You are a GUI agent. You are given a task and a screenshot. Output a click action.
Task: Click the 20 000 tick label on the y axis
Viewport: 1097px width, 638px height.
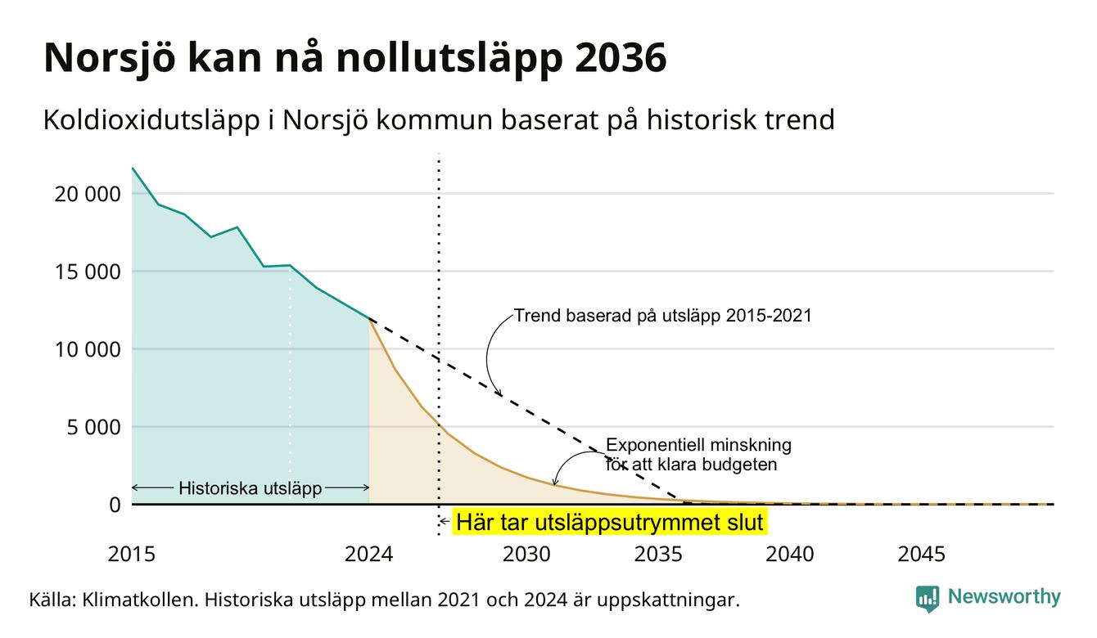[87, 194]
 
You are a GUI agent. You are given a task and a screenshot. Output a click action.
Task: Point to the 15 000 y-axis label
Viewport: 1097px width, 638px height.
[87, 272]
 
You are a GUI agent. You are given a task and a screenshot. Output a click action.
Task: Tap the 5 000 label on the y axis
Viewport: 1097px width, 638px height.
[93, 428]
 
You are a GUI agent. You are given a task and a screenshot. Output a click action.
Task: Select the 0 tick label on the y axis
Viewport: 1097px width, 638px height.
[115, 505]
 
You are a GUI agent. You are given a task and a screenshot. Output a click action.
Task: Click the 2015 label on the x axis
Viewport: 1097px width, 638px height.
[131, 555]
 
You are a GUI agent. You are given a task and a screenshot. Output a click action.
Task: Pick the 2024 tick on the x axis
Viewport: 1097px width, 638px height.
[368, 555]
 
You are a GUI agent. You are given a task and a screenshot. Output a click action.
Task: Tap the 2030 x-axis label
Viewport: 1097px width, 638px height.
[526, 555]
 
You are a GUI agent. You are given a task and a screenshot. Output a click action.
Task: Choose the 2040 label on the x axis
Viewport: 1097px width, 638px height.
[789, 555]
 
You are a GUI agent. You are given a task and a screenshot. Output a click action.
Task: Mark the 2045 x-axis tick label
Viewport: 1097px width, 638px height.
[921, 555]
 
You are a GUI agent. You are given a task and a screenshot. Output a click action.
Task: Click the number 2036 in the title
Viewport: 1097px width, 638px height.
[620, 58]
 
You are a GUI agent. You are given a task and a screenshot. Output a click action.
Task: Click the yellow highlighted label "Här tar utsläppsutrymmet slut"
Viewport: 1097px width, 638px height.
[610, 522]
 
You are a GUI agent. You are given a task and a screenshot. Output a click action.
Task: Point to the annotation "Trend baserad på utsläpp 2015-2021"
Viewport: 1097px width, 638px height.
[662, 316]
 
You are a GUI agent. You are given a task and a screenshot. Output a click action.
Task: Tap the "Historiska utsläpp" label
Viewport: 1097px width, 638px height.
[250, 488]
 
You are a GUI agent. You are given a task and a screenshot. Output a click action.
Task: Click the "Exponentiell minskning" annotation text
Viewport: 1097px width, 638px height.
[698, 445]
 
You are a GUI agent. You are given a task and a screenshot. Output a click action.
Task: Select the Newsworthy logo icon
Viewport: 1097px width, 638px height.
[928, 599]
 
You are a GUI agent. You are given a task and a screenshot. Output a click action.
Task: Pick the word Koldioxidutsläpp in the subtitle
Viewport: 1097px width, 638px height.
[151, 121]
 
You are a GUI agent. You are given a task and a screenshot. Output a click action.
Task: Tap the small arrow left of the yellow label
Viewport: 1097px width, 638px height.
[445, 522]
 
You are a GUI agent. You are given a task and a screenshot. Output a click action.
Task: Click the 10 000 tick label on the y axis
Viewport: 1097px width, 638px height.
[87, 350]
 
